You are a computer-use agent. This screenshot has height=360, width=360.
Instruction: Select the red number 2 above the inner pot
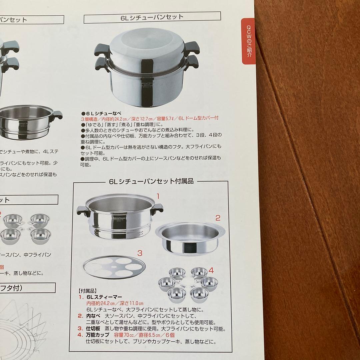(x=217, y=218)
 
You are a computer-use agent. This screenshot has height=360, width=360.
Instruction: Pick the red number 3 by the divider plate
(x=140, y=253)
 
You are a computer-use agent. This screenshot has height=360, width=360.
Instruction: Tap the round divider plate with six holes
(x=115, y=268)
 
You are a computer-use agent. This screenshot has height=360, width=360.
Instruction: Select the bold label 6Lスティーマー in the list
(x=104, y=297)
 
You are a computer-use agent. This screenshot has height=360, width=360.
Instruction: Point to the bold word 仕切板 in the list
(x=94, y=329)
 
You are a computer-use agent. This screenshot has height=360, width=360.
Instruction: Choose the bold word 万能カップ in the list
(x=98, y=335)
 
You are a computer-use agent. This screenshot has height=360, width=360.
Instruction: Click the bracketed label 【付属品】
(x=87, y=291)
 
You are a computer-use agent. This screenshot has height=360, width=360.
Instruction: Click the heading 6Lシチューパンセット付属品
(x=151, y=182)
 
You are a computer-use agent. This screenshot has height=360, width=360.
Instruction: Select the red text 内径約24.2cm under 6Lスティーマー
(x=100, y=303)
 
